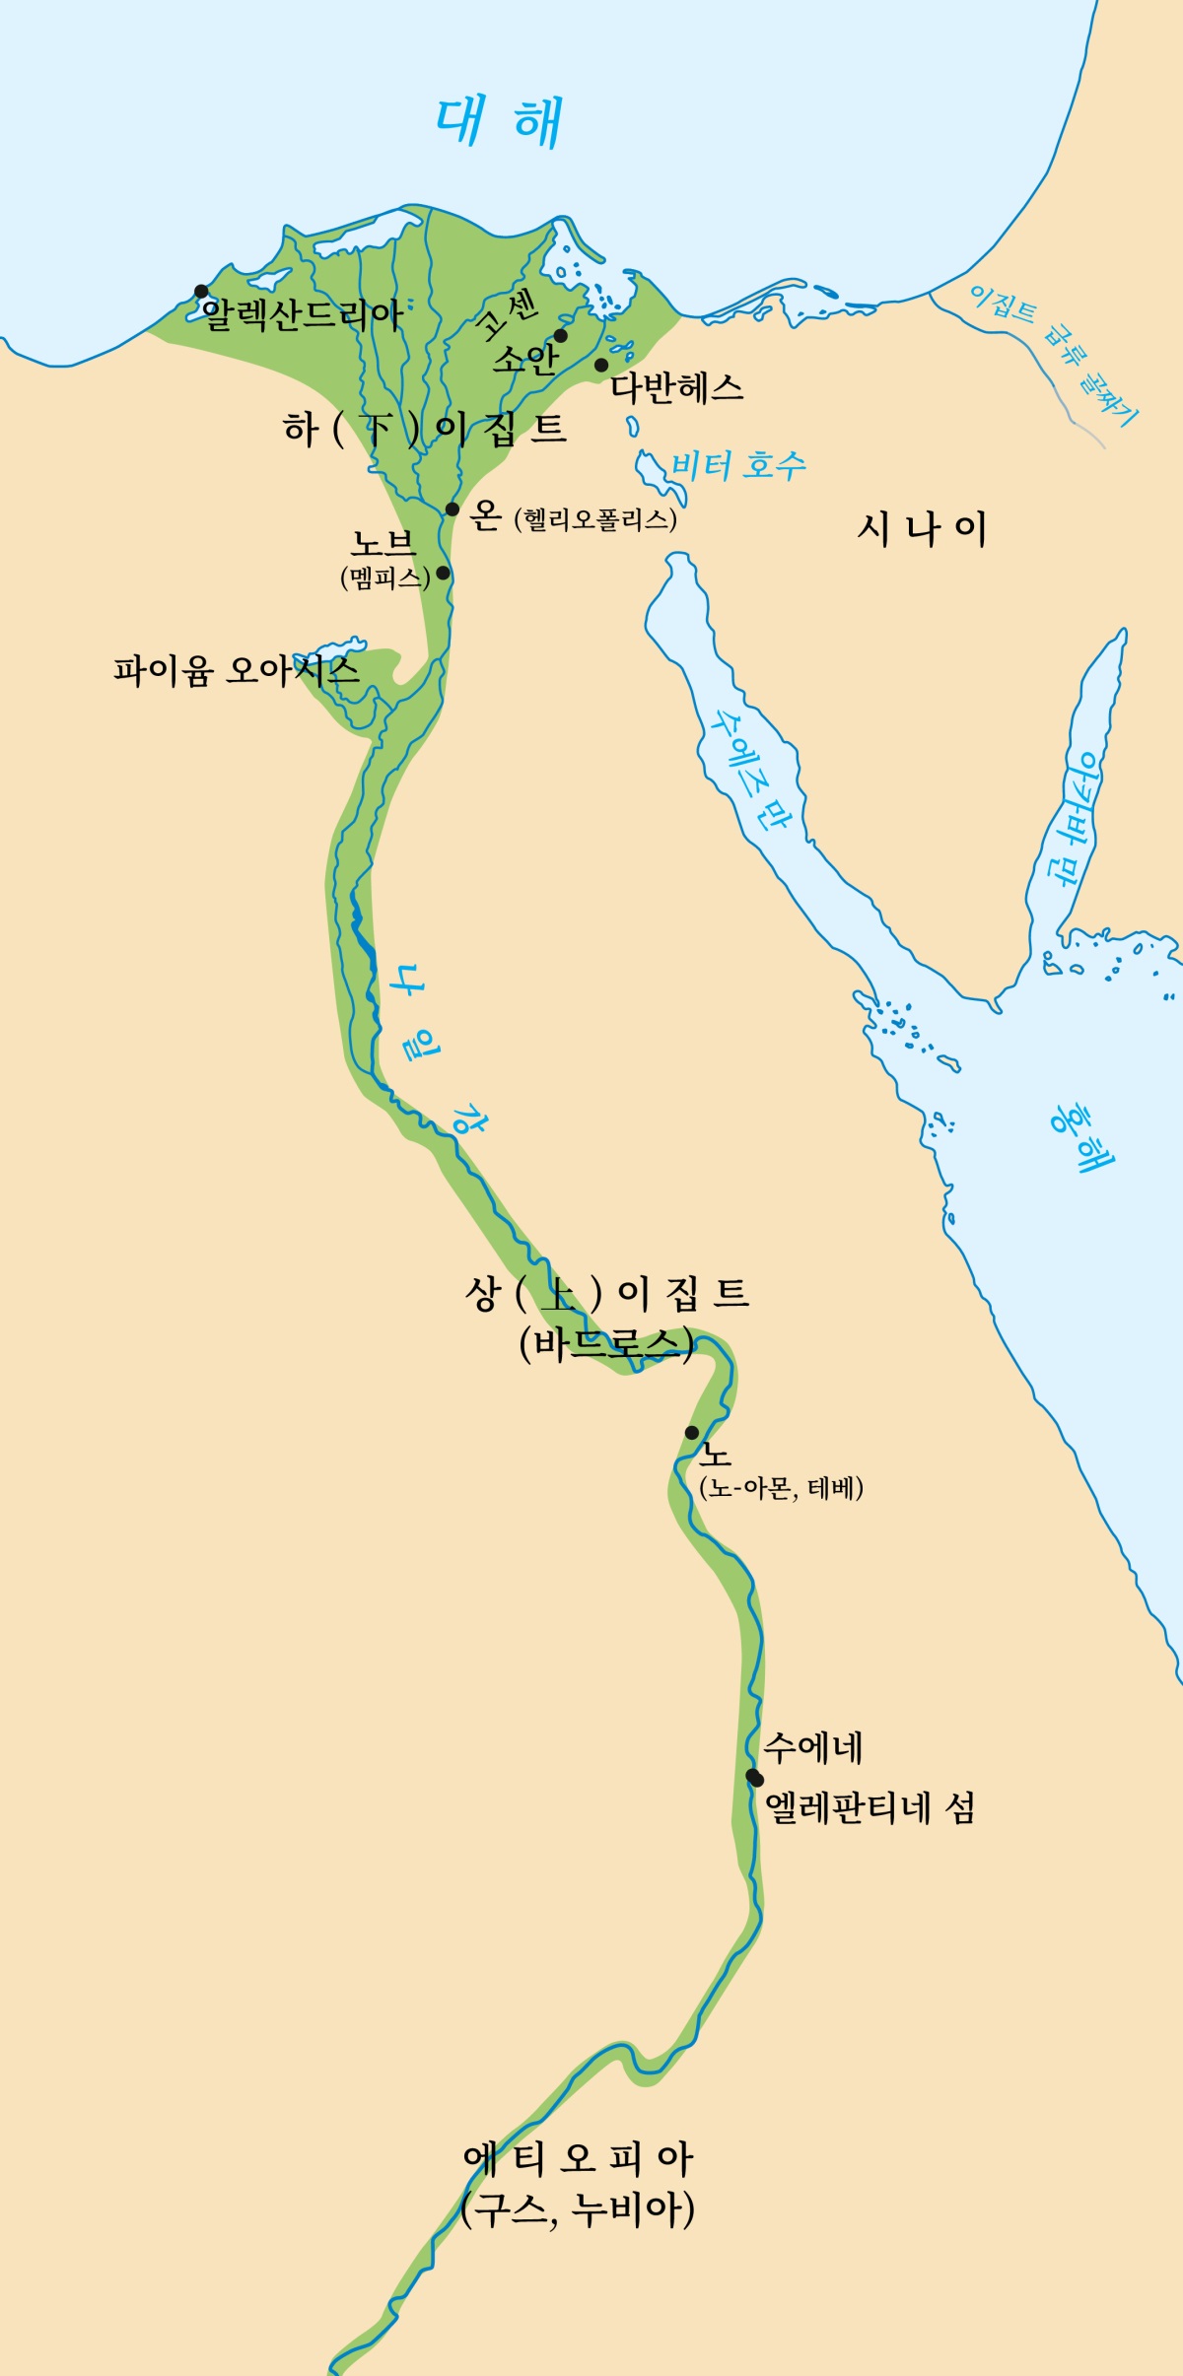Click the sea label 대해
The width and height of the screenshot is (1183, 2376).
(x=500, y=121)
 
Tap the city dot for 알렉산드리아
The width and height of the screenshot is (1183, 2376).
(x=201, y=291)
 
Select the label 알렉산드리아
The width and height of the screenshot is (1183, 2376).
(x=303, y=315)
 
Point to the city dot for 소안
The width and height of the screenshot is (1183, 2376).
(x=561, y=336)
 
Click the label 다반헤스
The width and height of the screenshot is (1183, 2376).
(x=676, y=387)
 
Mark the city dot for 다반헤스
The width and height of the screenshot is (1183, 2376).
(x=601, y=366)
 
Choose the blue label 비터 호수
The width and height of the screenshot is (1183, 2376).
(x=738, y=465)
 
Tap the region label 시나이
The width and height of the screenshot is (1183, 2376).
(x=922, y=529)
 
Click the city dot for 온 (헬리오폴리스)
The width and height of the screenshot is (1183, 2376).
(x=452, y=509)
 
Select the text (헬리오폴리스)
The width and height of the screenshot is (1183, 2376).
(x=595, y=519)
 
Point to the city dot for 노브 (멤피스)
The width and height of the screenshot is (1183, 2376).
(x=443, y=573)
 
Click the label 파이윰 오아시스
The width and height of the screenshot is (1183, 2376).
(x=236, y=671)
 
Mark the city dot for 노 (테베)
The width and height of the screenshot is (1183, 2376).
(x=692, y=1433)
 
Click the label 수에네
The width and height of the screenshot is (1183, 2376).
(x=813, y=1747)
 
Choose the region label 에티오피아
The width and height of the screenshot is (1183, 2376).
(x=579, y=2158)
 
